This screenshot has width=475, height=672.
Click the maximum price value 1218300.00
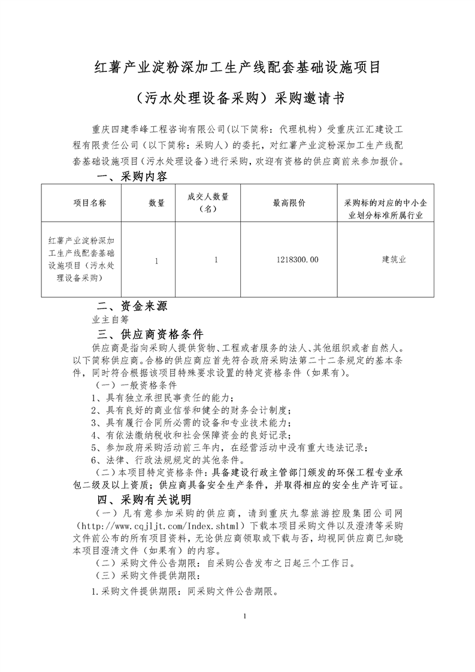tap(298, 260)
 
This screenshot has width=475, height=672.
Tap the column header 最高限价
tap(289, 203)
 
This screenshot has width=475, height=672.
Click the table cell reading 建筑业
tap(394, 260)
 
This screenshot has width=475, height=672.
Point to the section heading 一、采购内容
tap(132, 178)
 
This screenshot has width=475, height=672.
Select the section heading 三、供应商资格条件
tap(150, 334)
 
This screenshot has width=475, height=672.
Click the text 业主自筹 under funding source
tap(111, 320)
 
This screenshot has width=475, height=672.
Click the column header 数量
tap(157, 203)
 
